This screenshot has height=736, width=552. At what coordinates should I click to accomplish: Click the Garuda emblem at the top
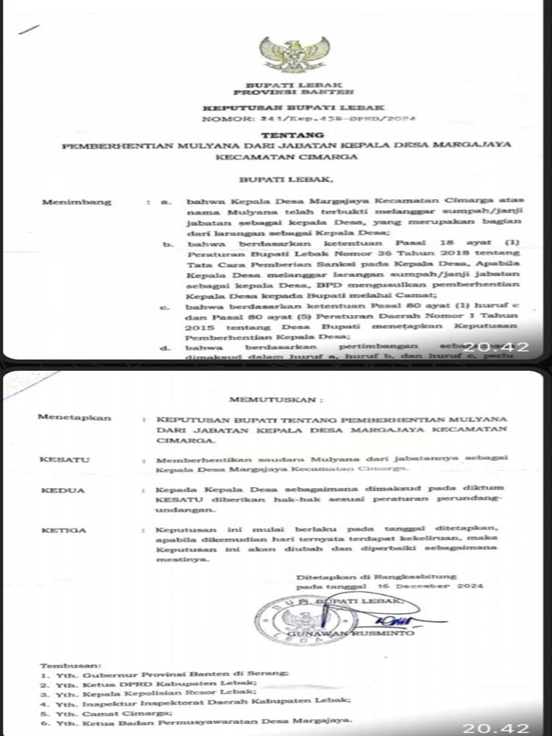point(284,54)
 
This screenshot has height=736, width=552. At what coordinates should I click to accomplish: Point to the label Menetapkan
point(74,417)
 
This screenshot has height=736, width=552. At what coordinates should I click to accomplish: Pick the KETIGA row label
point(64,530)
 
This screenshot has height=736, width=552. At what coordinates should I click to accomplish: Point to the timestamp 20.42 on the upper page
point(503,346)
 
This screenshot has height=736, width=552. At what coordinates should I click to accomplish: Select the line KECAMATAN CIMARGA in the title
point(282,157)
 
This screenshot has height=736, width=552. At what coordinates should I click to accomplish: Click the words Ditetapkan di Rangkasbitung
point(376,576)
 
